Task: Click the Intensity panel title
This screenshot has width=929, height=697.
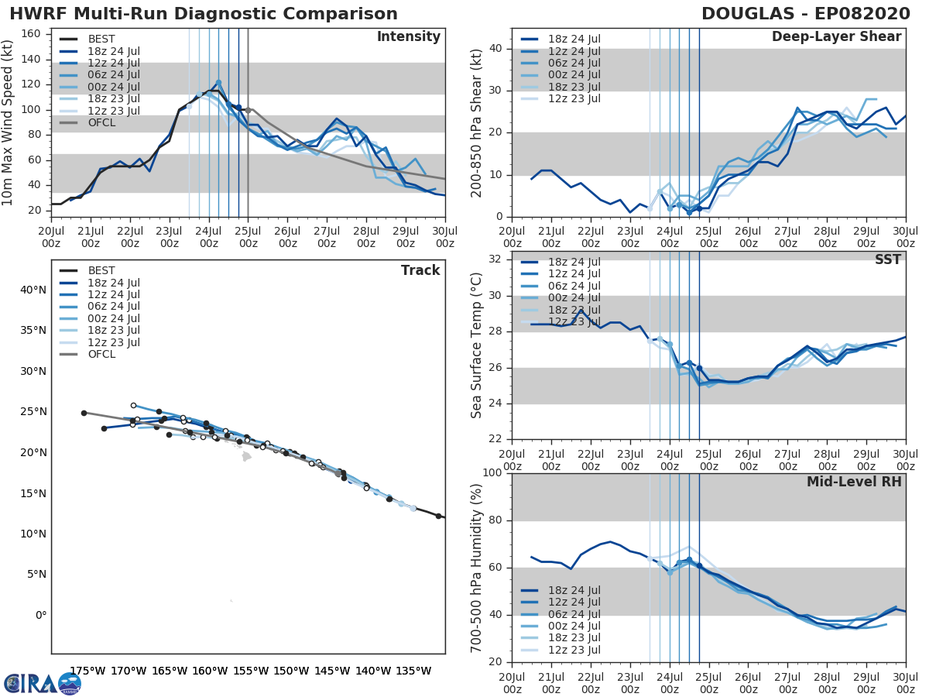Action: [408, 37]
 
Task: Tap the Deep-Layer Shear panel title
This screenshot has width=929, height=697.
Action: [836, 37]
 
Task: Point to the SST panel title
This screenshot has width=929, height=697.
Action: [888, 259]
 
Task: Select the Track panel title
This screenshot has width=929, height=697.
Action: [420, 270]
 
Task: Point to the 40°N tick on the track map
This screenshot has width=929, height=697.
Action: [33, 290]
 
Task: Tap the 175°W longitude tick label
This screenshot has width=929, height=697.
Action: [87, 671]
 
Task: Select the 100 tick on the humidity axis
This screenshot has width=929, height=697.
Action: [492, 472]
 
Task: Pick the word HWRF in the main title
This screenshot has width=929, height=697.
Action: [35, 14]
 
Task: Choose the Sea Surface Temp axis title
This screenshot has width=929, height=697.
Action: [477, 345]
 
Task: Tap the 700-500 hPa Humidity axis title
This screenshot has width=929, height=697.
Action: [477, 568]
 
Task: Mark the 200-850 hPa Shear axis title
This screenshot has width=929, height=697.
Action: [477, 122]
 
